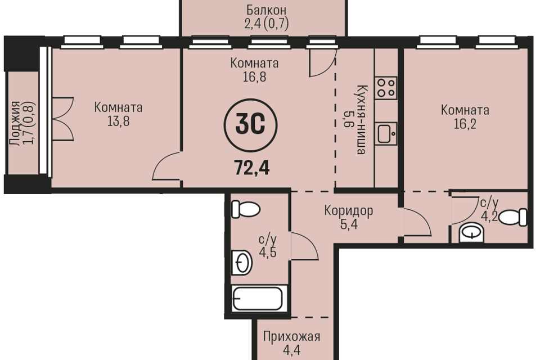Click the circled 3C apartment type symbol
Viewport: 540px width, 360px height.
click(250, 125)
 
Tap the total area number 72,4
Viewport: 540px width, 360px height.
click(252, 168)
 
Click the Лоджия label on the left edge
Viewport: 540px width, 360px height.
click(15, 123)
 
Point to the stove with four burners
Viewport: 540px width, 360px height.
click(386, 88)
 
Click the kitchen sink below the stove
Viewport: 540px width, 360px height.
click(386, 133)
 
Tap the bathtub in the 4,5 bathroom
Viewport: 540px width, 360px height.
click(258, 298)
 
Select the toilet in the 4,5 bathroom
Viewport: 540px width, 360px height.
click(246, 209)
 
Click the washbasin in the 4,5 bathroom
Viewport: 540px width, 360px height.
click(241, 263)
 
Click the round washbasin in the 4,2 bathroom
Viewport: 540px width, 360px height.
click(471, 232)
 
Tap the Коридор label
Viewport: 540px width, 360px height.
click(349, 210)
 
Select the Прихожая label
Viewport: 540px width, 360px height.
click(292, 336)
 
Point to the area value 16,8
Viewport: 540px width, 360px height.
click(254, 77)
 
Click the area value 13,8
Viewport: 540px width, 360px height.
click(118, 121)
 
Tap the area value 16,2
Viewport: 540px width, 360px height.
click(465, 124)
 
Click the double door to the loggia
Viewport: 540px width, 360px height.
click(63, 119)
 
